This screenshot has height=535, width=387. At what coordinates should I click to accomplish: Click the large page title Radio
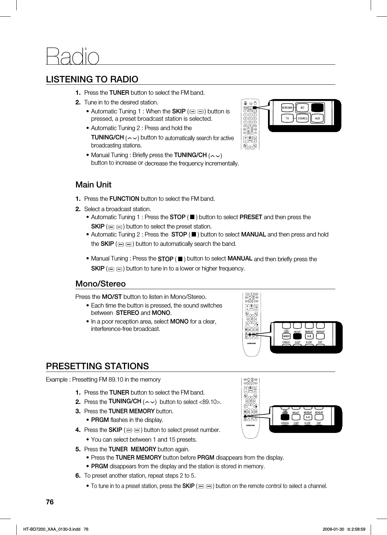pos(73,56)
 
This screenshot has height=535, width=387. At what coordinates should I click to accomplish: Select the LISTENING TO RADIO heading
pos(92,79)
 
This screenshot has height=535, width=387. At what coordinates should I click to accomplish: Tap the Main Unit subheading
pos(93,185)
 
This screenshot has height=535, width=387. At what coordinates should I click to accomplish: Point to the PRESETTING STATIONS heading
pos(97,366)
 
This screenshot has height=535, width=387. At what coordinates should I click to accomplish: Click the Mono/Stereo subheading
pos(101,284)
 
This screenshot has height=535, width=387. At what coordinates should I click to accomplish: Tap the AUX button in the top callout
pos(318,118)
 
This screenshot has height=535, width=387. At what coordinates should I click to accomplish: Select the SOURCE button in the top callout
pos(302,118)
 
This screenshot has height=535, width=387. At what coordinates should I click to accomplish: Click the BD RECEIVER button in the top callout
pos(287,108)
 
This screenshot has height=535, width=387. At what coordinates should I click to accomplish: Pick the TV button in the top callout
pos(287,118)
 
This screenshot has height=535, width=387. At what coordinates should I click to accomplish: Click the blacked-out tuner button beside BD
pos(318,107)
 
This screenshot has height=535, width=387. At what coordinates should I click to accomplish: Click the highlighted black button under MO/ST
pos(298,336)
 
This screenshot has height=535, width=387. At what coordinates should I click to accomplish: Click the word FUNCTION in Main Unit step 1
pos(124,199)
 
